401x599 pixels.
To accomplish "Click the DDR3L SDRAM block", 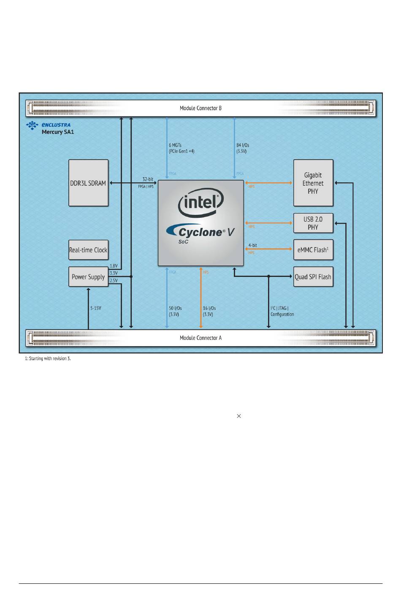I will pyautogui.click(x=88, y=183).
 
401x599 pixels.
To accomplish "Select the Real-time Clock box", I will pyautogui.click(x=88, y=250).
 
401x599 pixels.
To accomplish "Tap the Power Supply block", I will pyautogui.click(x=88, y=277).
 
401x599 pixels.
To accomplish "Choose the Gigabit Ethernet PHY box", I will pyautogui.click(x=313, y=183).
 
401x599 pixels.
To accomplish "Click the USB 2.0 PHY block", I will pyautogui.click(x=313, y=223).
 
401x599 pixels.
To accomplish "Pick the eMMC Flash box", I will pyautogui.click(x=313, y=250).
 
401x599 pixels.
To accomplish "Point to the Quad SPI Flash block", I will pyautogui.click(x=313, y=277).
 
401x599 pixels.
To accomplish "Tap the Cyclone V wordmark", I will pyautogui.click(x=200, y=232).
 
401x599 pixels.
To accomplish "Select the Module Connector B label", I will pyautogui.click(x=200, y=108).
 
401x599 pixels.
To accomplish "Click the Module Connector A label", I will pyautogui.click(x=200, y=338).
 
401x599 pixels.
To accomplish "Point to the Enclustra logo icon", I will pyautogui.click(x=33, y=125).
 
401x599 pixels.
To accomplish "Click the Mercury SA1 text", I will pyautogui.click(x=58, y=132).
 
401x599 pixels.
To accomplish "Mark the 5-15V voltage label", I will pyautogui.click(x=96, y=308).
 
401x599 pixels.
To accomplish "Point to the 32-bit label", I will pyautogui.click(x=148, y=179).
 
